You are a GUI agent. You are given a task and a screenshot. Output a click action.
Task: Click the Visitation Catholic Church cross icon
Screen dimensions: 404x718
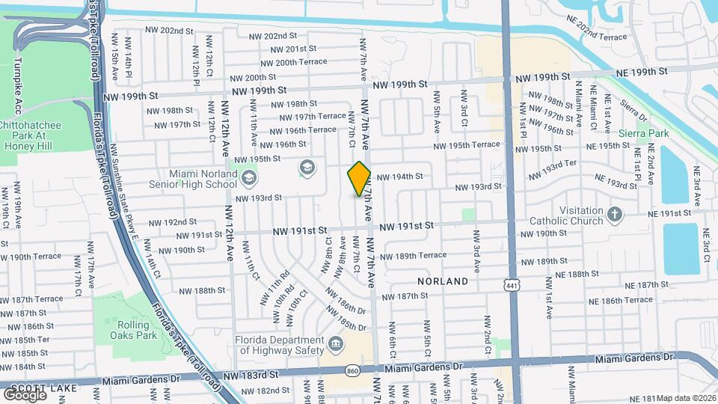pyautogui.click(x=615, y=215)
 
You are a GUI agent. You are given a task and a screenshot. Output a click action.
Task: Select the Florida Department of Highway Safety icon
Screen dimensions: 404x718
pyautogui.click(x=336, y=345)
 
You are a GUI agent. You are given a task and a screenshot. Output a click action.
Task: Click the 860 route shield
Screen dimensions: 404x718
pyautogui.click(x=352, y=370)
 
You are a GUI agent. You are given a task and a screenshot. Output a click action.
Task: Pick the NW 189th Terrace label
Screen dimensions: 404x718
pyautogui.click(x=413, y=256)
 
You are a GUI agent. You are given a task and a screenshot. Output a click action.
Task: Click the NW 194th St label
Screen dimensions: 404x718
pyautogui.click(x=400, y=177)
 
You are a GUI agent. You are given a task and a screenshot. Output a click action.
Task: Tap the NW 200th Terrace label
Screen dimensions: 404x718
pyautogui.click(x=291, y=62)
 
